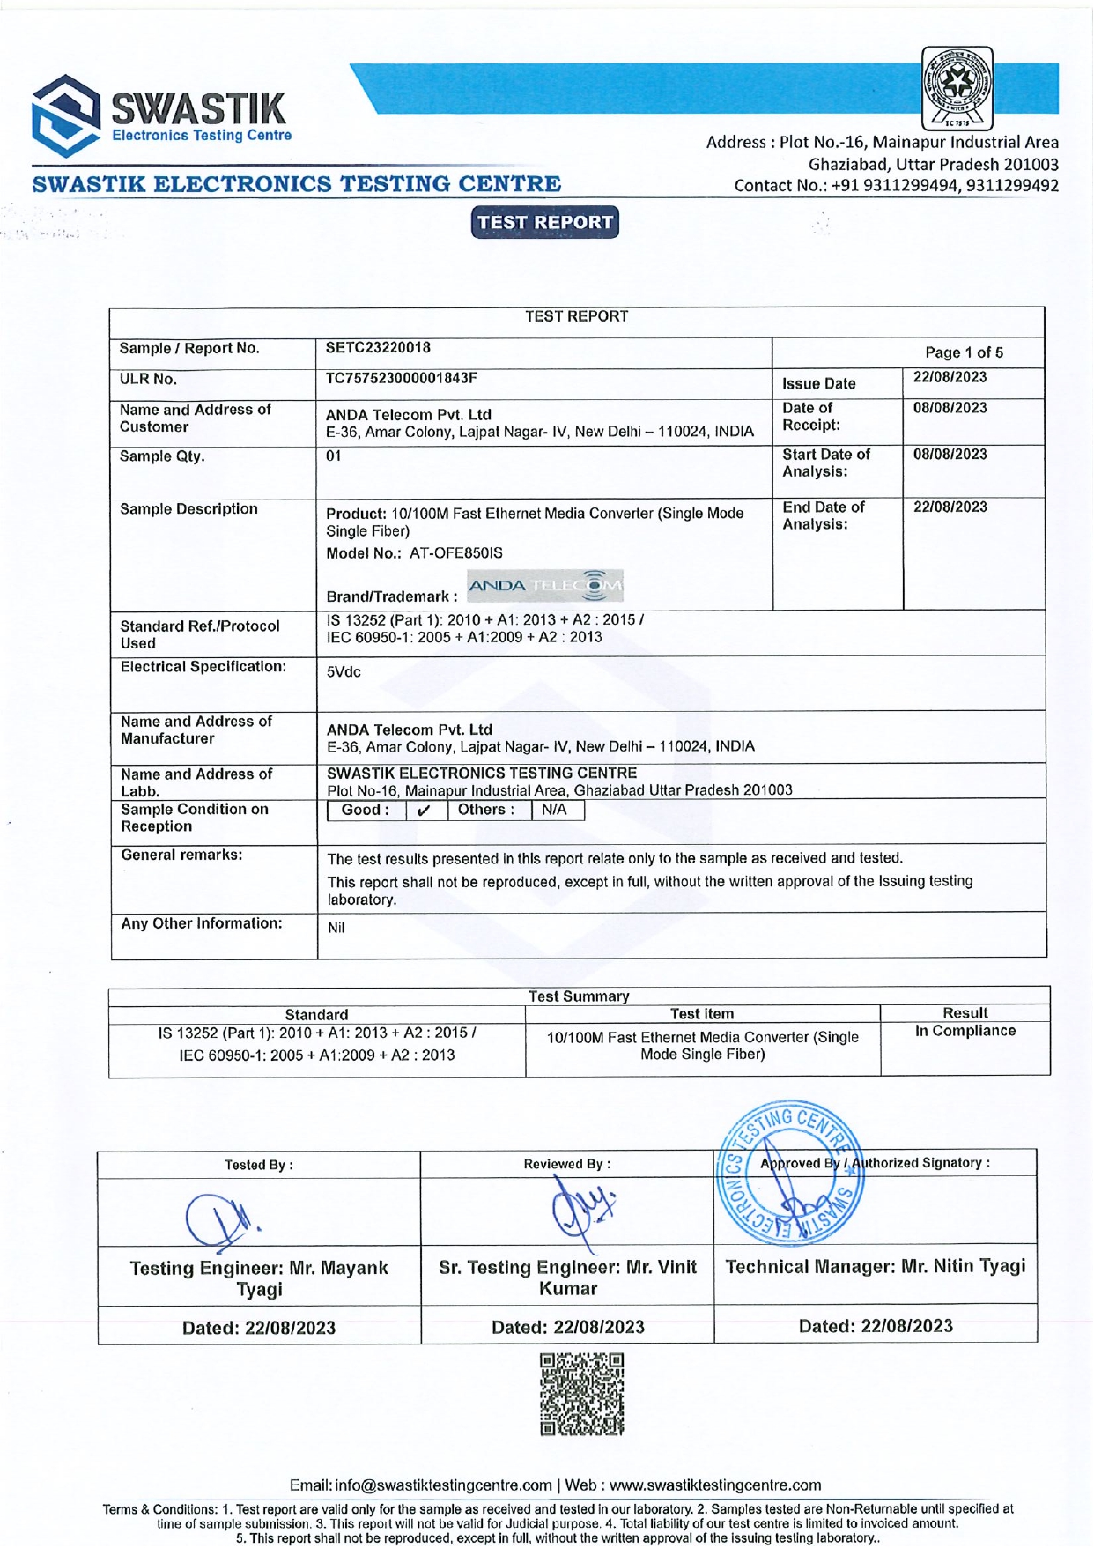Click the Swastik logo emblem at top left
(66, 115)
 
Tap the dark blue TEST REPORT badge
(544, 222)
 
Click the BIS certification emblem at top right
(957, 88)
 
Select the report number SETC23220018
(378, 348)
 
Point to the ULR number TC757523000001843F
(401, 379)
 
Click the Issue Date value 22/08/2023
(950, 378)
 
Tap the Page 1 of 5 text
(963, 352)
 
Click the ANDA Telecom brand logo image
(544, 586)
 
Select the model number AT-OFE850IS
(455, 553)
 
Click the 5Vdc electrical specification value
(344, 672)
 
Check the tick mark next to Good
(424, 811)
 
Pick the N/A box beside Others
(554, 810)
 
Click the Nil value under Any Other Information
(336, 928)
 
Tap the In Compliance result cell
(965, 1031)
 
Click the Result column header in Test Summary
(965, 1013)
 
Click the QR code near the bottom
(581, 1394)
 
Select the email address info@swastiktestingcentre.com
(443, 1485)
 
